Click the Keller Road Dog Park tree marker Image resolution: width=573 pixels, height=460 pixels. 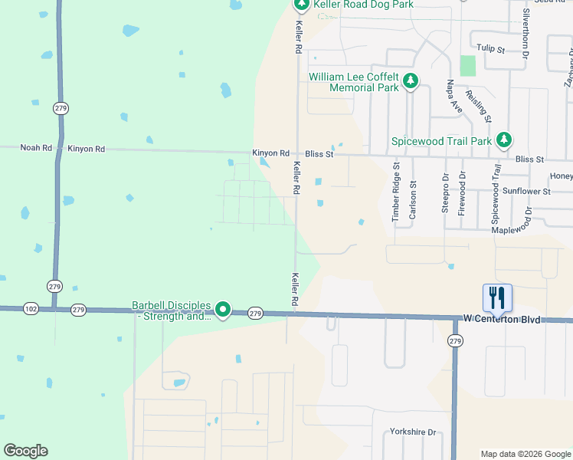coord(301,5)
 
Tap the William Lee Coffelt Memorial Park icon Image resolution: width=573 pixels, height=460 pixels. coord(411,80)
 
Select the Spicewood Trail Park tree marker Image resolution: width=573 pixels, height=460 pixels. coord(504,140)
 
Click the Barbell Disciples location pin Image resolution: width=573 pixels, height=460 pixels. coord(223,310)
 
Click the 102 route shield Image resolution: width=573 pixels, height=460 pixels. coord(31,309)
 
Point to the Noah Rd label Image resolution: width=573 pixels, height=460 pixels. coord(35,148)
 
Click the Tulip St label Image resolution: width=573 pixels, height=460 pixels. coord(490,49)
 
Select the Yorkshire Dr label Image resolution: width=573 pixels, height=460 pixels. coord(413,432)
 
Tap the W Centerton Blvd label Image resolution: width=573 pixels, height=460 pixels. coord(502,318)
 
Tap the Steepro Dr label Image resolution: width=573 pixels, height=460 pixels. coord(445,194)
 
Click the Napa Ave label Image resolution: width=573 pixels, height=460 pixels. coord(455,97)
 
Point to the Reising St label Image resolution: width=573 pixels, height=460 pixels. coord(483,103)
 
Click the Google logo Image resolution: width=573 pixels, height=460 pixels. coord(25,451)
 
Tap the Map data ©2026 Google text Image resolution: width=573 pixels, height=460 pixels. coord(525,454)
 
